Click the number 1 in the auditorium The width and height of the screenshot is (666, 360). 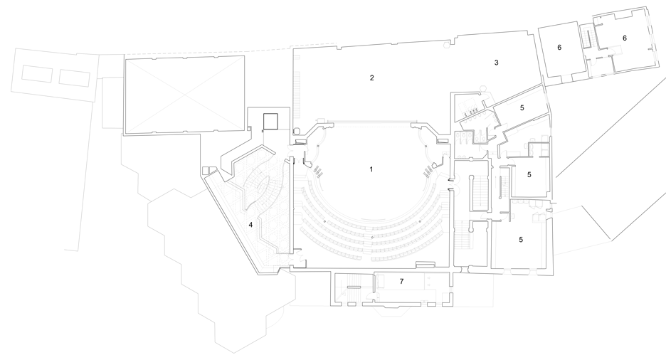coord(371,169)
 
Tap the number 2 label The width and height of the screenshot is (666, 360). coord(372,78)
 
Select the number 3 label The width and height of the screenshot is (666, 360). coord(496,63)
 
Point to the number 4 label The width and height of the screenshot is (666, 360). coord(250,225)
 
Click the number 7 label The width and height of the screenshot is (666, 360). coord(402,281)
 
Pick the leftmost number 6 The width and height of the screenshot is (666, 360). coord(559,47)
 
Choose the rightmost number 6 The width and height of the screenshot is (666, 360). coord(625,38)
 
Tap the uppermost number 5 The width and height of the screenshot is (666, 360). coord(522,108)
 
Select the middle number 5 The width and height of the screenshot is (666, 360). coord(529,174)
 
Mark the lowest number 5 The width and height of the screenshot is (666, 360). coord(521,240)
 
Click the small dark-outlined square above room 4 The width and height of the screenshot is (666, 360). coord(270,121)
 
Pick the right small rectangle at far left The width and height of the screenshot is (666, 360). coord(75,78)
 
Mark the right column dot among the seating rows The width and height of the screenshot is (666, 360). coord(420,221)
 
